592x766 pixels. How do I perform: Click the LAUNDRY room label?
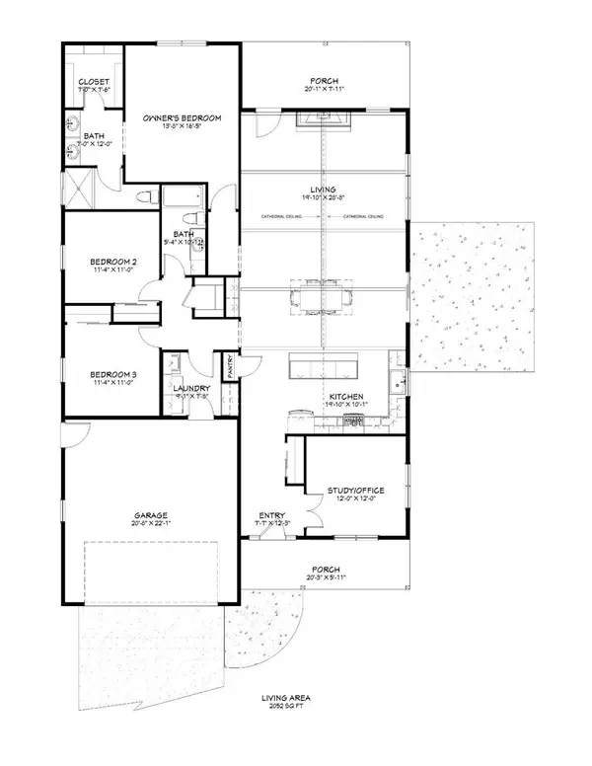click(x=191, y=388)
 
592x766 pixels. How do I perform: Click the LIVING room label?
click(x=324, y=189)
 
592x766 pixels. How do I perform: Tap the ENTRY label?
click(x=271, y=515)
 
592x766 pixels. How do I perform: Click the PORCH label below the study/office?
click(x=324, y=570)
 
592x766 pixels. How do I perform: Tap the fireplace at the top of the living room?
click(x=324, y=119)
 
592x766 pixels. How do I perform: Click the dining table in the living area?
click(x=324, y=294)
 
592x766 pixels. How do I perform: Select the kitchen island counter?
click(x=324, y=368)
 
